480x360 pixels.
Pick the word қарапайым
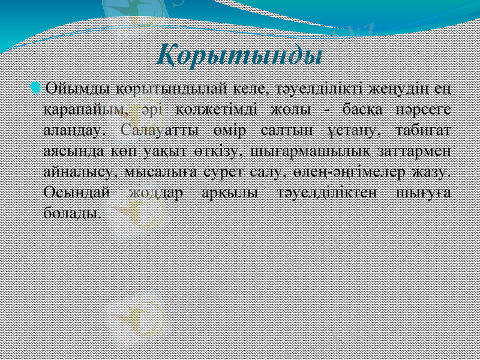pos(85,111)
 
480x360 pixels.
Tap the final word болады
pos(72,213)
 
